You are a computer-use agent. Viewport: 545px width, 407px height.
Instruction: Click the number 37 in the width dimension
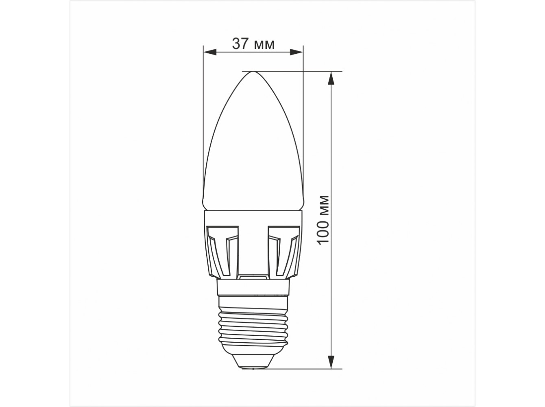tap(240, 44)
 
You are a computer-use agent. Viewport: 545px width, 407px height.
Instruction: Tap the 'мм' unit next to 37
tap(265, 46)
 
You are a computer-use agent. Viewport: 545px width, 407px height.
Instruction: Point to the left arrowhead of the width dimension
tap(209, 52)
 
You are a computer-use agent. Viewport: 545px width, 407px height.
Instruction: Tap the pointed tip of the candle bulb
tap(253, 72)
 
